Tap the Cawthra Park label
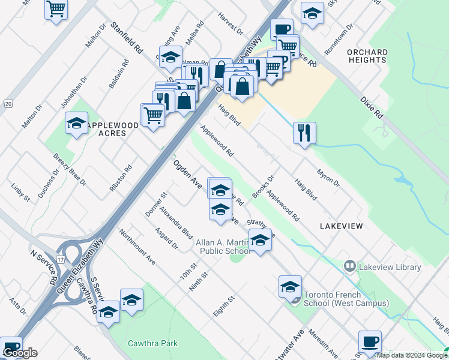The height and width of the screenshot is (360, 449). (153, 344)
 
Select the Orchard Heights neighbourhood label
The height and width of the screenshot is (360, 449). (367, 56)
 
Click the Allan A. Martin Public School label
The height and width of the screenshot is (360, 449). (223, 247)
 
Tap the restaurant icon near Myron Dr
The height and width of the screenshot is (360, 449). (305, 133)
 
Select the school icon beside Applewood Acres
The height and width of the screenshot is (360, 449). (76, 123)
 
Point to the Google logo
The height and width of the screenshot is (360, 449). (20, 353)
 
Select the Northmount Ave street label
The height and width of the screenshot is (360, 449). (137, 247)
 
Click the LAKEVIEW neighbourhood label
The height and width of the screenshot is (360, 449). (341, 226)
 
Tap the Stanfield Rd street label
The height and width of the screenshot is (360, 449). (126, 37)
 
